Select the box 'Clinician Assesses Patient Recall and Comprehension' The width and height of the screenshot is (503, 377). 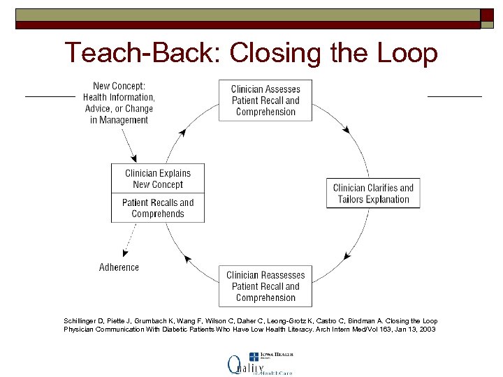coord(265,101)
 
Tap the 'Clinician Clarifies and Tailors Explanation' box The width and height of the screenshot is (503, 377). coord(373,193)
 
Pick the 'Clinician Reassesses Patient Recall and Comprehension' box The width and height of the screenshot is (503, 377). coord(265,286)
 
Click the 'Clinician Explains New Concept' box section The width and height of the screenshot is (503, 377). coord(158,179)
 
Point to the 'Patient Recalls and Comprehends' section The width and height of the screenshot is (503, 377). coord(158,208)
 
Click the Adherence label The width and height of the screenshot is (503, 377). coord(119,267)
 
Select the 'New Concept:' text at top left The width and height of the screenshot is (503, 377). coord(119,87)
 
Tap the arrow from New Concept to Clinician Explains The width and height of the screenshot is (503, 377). coord(129,145)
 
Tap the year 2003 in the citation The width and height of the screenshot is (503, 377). coord(428,329)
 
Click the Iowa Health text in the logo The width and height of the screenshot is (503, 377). coord(278,355)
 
